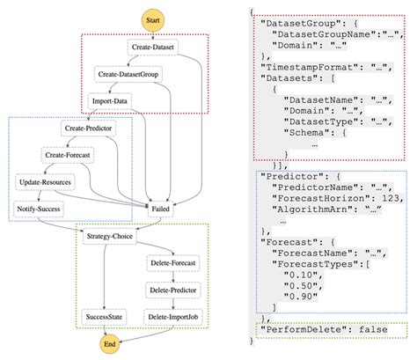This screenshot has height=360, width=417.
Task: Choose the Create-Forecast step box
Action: [x=68, y=156]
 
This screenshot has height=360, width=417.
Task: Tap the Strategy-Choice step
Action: [x=108, y=238]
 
